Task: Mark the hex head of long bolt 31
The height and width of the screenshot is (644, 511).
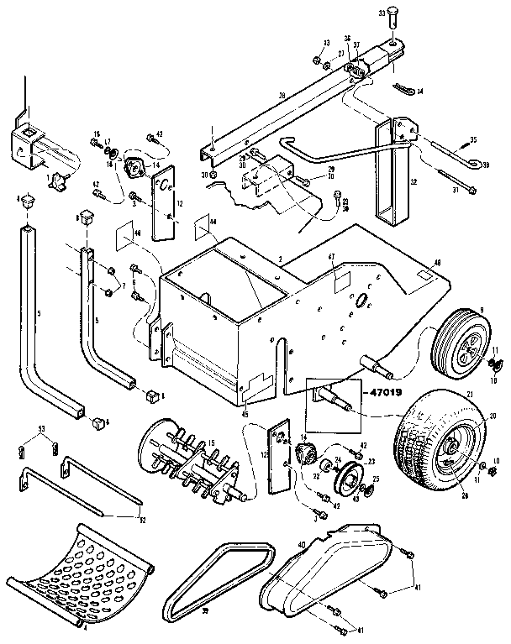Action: [x=442, y=174]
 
